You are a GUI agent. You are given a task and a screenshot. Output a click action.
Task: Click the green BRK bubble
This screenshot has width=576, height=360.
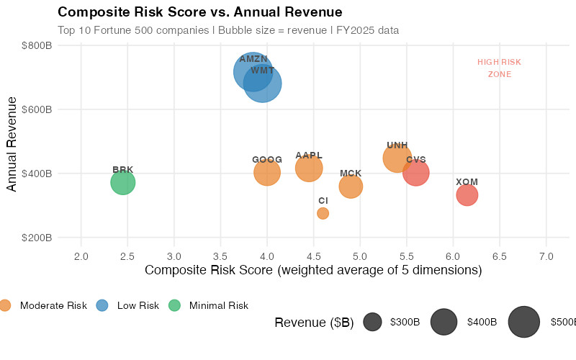(123, 182)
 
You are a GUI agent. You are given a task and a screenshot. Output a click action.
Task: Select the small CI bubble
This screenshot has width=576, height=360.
(323, 213)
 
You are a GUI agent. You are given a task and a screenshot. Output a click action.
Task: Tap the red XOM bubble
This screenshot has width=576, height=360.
(467, 194)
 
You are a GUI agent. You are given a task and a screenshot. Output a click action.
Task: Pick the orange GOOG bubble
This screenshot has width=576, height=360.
(266, 172)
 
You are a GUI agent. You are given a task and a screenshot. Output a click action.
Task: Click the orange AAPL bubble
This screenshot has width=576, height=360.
(309, 168)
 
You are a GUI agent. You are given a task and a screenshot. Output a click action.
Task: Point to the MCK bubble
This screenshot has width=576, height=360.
(351, 186)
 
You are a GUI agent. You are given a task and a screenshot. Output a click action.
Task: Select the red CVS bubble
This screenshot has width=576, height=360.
(416, 172)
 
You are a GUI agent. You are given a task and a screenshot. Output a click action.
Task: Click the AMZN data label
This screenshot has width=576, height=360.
(253, 59)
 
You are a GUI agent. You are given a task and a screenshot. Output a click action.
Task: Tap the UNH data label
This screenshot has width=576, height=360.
(397, 145)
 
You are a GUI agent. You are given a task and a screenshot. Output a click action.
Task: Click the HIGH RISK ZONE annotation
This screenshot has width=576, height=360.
(499, 68)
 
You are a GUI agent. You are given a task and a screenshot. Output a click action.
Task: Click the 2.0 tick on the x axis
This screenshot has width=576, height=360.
(81, 256)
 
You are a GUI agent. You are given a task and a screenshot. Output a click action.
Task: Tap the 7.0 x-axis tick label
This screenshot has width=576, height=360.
(546, 256)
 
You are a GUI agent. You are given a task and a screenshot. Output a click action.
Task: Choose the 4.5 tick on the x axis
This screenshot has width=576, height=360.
(314, 256)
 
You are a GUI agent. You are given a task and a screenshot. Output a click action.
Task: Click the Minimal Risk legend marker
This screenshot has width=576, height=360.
(174, 305)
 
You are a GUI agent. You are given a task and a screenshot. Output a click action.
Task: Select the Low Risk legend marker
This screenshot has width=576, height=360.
(102, 305)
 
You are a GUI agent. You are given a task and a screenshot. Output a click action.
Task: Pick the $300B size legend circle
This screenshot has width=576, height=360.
(373, 322)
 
